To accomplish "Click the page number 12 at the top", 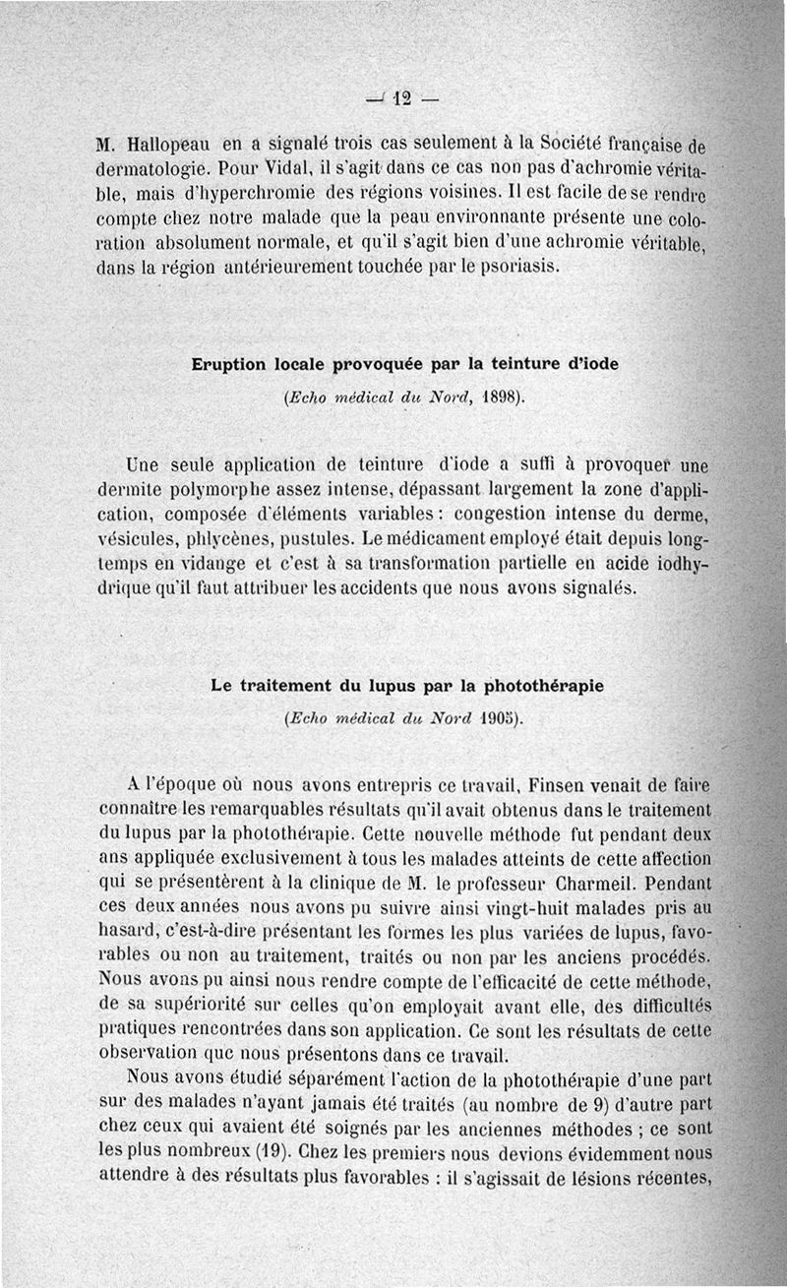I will point(400,97).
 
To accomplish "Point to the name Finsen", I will point(560,786).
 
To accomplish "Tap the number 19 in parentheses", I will point(271,1147).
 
